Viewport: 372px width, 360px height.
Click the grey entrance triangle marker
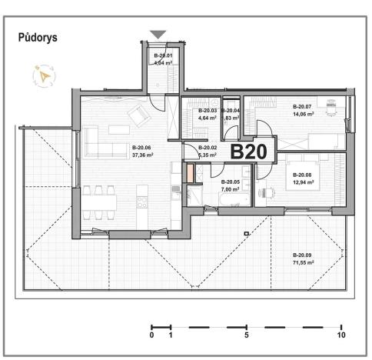pyautogui.click(x=158, y=34)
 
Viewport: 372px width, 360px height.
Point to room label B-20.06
pyautogui.click(x=142, y=148)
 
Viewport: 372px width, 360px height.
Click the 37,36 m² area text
pyautogui.click(x=142, y=155)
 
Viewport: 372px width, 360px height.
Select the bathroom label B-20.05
pyautogui.click(x=231, y=182)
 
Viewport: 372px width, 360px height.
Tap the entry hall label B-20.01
pyautogui.click(x=163, y=55)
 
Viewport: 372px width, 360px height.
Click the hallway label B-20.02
pyautogui.click(x=208, y=148)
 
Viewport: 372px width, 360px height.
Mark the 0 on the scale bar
pyautogui.click(x=151, y=336)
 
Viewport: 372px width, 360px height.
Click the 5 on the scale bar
pyautogui.click(x=246, y=336)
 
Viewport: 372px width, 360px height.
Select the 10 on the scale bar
pyautogui.click(x=340, y=336)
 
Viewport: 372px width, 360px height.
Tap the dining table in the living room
pyautogui.click(x=98, y=202)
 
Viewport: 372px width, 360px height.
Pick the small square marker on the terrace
pyautogui.click(x=246, y=233)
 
